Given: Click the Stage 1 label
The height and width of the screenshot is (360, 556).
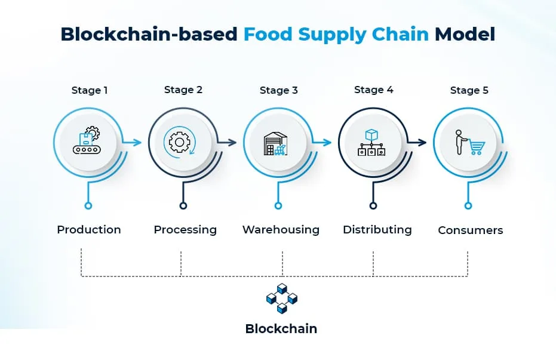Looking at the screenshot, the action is (x=90, y=90).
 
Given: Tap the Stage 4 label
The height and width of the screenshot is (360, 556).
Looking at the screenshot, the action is (x=374, y=90).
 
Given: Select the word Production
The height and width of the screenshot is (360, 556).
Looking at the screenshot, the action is (x=89, y=230).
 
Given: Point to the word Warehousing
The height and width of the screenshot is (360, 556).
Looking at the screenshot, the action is (x=281, y=230).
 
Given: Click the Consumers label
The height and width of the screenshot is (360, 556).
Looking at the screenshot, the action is (x=470, y=230).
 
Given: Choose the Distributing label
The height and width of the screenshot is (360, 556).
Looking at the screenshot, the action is (x=377, y=230).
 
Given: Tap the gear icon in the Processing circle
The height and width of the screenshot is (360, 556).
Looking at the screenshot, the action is (x=179, y=143).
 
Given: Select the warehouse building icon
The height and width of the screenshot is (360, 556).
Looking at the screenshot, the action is (x=275, y=144).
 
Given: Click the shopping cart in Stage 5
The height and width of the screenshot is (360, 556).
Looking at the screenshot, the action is (x=477, y=147).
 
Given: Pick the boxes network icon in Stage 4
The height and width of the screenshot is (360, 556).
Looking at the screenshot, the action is (x=371, y=143).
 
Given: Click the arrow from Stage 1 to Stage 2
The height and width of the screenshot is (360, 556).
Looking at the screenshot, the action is (x=131, y=143).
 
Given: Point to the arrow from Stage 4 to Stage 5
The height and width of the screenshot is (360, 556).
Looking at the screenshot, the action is (x=417, y=143).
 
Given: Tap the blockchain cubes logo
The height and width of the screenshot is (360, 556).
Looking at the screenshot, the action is (x=282, y=299).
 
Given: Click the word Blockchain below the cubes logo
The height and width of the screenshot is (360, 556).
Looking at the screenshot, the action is (x=281, y=329).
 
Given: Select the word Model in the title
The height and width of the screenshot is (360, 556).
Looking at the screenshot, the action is (x=465, y=35).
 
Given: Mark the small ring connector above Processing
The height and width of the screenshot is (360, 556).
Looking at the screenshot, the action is (x=183, y=205).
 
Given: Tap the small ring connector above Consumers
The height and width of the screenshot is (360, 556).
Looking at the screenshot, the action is (x=468, y=205).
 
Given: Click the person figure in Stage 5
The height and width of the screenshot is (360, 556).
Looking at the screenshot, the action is (x=460, y=142).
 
